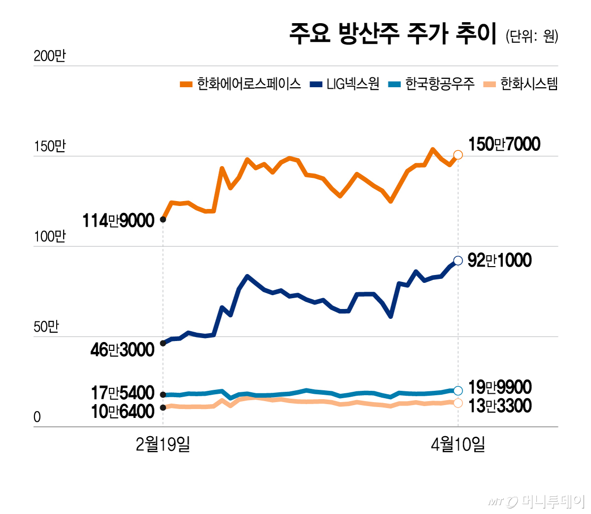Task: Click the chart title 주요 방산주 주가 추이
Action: tap(393, 34)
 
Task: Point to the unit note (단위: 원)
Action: tap(531, 36)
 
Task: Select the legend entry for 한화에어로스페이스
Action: tap(241, 84)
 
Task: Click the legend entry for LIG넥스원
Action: tap(345, 84)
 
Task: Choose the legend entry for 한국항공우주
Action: tap(432, 84)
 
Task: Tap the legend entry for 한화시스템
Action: tap(521, 84)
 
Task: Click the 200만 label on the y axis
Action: tap(49, 56)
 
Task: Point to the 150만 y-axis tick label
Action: tap(49, 146)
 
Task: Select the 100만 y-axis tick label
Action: tap(49, 237)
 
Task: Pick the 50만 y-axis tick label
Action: tap(46, 327)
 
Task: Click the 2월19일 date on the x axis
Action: tap(163, 445)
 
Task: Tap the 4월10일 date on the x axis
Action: tap(458, 445)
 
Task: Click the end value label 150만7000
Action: tap(504, 144)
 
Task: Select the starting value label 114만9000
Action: tap(118, 221)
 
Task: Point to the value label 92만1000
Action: tap(499, 260)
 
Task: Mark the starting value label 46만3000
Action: tap(122, 350)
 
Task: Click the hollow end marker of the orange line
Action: tap(458, 155)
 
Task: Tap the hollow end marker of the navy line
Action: tap(458, 261)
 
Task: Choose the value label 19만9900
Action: tap(499, 387)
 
